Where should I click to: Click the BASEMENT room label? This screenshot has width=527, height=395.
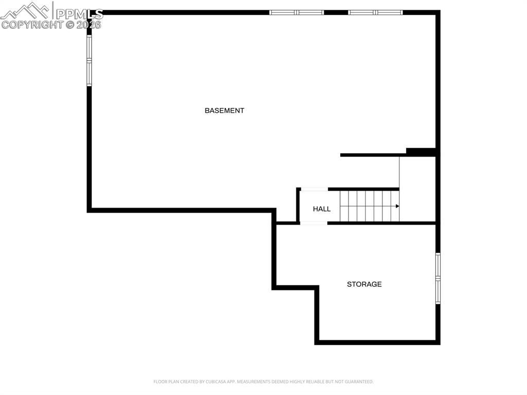pos(224,111)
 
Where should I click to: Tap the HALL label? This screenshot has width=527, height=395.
pos(322,209)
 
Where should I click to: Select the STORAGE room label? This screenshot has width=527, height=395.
pos(364,284)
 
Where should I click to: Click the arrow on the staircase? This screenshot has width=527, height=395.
pos(397,206)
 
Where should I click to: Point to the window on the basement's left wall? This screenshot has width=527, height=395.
pos(89,60)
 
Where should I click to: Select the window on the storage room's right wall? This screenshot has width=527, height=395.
pos(438,278)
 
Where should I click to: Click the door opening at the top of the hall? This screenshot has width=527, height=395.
pos(314,189)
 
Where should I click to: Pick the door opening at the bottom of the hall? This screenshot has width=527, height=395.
pos(313,223)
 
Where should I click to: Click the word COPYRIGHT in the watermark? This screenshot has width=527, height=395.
pos(32,25)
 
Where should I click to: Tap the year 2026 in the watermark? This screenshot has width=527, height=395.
pos(89,25)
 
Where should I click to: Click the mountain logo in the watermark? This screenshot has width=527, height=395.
pos(26,10)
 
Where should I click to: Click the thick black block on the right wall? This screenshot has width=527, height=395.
pos(421,151)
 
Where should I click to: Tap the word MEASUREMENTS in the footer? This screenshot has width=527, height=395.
pos(253,382)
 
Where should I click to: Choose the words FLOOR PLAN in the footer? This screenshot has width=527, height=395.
pos(165,382)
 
